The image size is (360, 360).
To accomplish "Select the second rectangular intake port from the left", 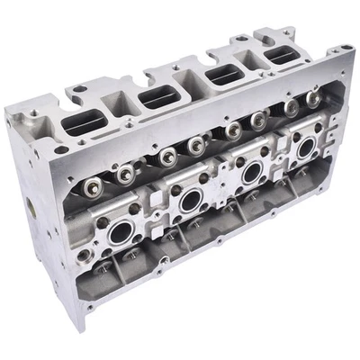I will [x=157, y=96].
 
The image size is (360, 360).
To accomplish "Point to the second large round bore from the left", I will [x=190, y=200].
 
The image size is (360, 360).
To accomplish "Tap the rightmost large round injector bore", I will [x=306, y=146].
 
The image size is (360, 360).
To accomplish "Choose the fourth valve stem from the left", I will [x=194, y=144].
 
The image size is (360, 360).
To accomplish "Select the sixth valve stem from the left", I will [x=258, y=119].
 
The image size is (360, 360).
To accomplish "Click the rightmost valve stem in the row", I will [x=314, y=94].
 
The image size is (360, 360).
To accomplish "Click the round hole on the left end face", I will [x=31, y=207].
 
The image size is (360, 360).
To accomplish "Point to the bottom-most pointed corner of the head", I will [x=84, y=328].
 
